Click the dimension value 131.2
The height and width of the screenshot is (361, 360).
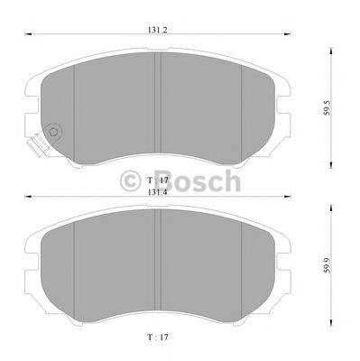[159, 27]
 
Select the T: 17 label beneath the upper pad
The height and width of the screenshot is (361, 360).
[159, 180]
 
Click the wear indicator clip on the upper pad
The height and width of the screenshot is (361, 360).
[39, 143]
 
